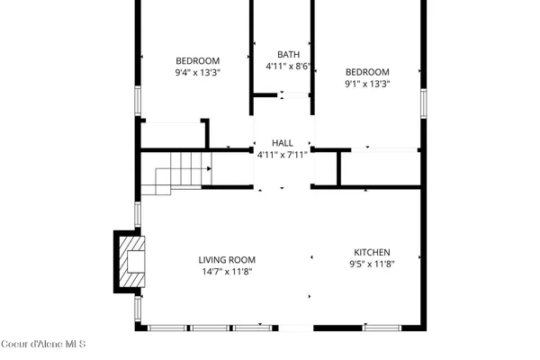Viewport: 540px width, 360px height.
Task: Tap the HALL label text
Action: (283, 143)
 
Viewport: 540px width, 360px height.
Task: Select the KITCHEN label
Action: (372, 252)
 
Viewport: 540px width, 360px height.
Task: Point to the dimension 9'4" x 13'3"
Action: (197, 72)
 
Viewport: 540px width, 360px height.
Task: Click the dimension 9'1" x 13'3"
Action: (366, 84)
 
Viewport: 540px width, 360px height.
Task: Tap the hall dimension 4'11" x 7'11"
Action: (283, 154)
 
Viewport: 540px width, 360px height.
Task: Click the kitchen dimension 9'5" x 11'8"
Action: (372, 264)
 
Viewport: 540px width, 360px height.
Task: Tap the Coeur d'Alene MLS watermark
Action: (42, 343)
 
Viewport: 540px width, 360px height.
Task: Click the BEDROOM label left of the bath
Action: (197, 60)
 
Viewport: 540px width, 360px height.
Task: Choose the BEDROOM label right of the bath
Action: (367, 72)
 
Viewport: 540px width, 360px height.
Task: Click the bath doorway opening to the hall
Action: (283, 94)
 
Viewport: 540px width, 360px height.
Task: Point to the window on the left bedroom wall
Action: (137, 101)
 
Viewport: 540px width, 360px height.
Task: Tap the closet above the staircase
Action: (173, 135)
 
